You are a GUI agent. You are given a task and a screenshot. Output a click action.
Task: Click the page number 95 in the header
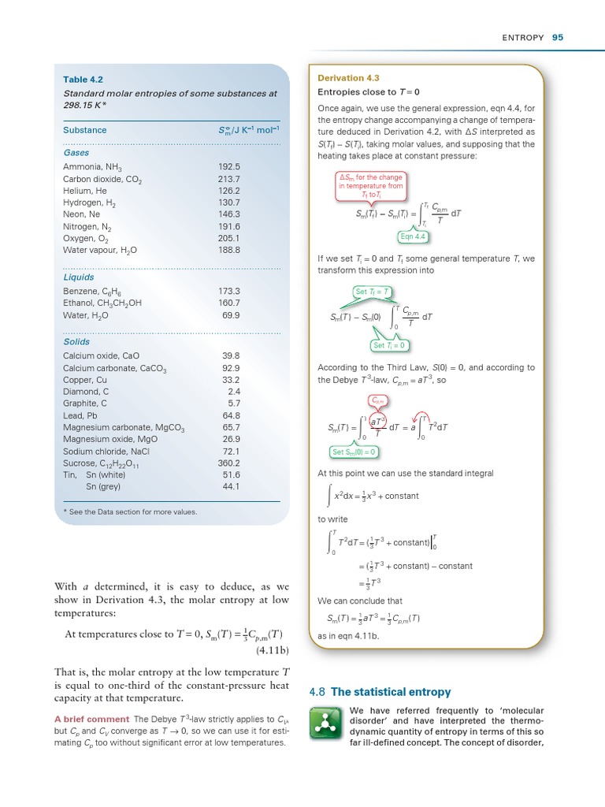558,37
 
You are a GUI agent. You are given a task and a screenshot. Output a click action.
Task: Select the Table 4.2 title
83,80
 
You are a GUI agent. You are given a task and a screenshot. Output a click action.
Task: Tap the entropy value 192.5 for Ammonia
228,167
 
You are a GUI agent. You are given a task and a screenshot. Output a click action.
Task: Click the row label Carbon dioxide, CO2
102,179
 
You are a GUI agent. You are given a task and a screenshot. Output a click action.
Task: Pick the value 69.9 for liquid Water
231,315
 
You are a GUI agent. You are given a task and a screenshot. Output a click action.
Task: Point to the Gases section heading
76,153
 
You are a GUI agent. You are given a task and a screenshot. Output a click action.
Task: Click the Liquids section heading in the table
79,277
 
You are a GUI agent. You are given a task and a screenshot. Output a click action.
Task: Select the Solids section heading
76,342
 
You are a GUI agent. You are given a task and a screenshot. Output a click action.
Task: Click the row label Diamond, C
86,391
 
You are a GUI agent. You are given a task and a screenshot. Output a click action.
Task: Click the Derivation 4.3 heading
348,78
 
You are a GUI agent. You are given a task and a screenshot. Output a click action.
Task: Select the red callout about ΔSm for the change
371,187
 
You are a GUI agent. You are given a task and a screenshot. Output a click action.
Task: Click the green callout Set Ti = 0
392,345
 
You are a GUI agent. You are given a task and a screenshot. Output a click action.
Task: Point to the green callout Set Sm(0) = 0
354,452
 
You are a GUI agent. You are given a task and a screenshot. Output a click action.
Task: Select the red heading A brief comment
91,719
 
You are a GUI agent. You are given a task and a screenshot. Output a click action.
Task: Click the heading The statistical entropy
391,692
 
